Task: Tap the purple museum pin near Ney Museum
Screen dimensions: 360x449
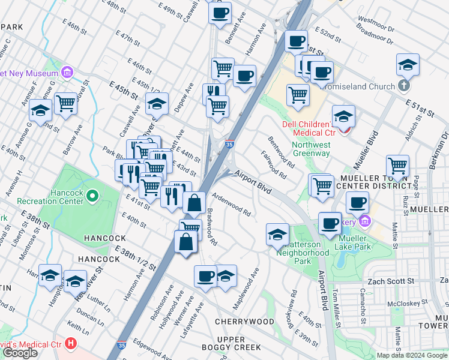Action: point(67,74)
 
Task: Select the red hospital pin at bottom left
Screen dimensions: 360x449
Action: point(71,344)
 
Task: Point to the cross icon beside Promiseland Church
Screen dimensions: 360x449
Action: point(404,86)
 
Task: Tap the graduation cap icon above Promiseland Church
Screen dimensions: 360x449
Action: point(408,64)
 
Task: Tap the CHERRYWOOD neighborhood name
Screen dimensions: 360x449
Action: point(244,322)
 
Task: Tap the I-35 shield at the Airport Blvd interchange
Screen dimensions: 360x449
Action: point(229,144)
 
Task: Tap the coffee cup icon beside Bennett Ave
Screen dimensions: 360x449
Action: point(220,12)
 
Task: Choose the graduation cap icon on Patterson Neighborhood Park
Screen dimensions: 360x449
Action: point(277,233)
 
